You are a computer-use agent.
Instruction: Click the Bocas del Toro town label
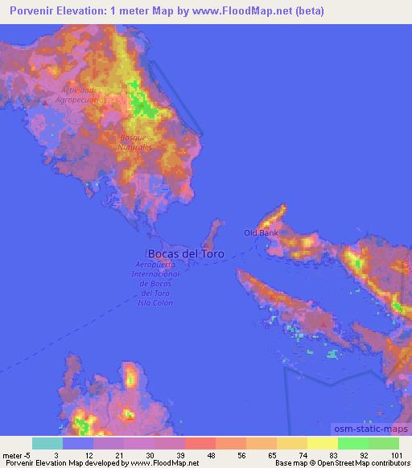[187, 253]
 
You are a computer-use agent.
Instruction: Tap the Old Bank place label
[261, 233]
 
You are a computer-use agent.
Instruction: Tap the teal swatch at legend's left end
[47, 443]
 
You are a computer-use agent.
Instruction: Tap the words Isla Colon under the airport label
[155, 304]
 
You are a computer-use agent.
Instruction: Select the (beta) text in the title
[308, 10]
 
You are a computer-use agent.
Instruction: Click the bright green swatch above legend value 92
[353, 443]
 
